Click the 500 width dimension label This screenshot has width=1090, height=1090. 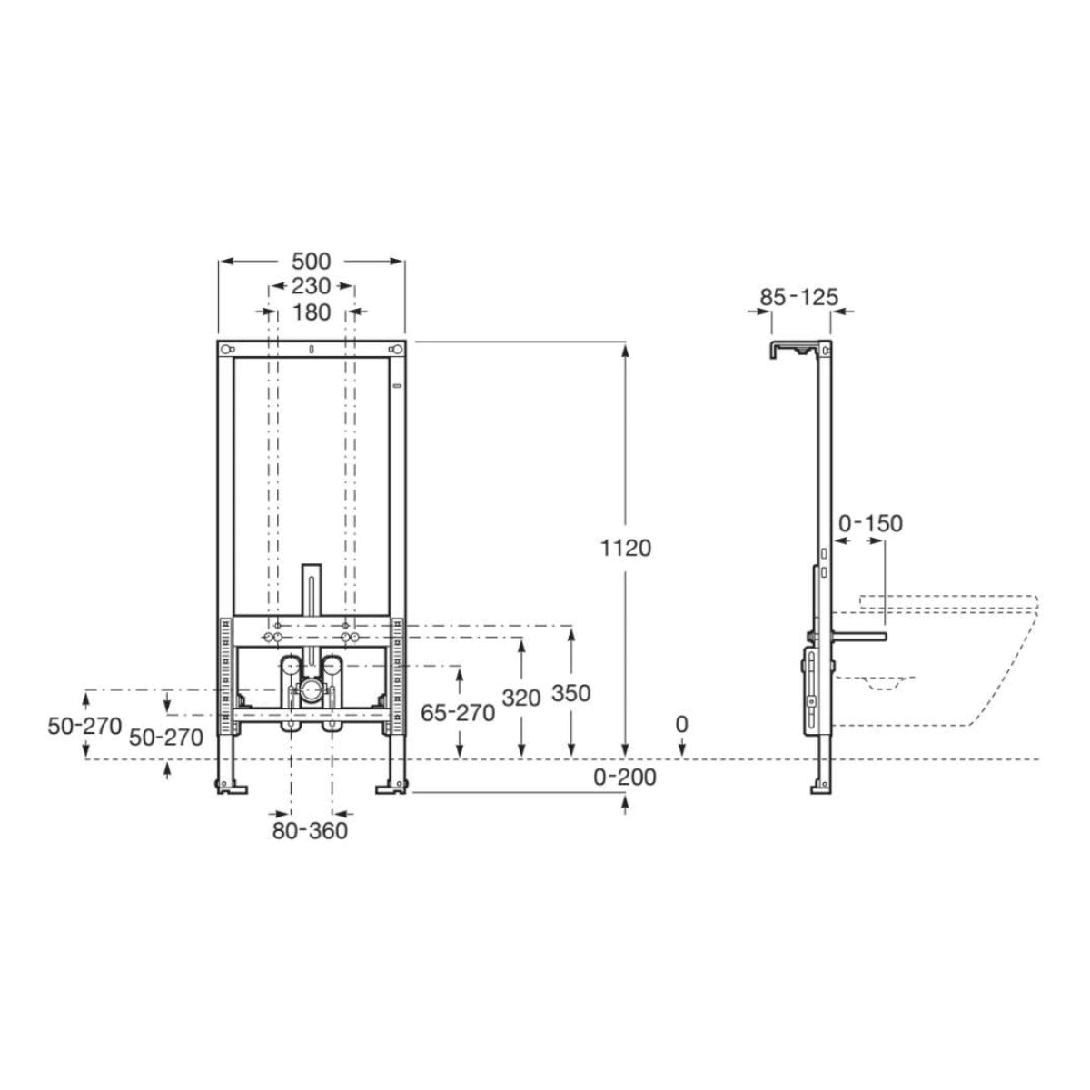tap(311, 262)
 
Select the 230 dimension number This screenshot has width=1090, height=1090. tap(311, 286)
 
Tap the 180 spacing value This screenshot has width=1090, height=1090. tap(312, 312)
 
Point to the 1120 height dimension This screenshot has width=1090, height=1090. tap(626, 548)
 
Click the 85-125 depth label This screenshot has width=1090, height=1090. tap(798, 297)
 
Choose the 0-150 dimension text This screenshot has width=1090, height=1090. tap(870, 524)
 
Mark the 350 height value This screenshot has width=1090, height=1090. tap(570, 693)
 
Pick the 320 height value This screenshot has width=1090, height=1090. tap(521, 699)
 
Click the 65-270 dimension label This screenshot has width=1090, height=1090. tap(458, 714)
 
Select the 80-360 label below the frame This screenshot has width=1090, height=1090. tap(310, 831)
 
